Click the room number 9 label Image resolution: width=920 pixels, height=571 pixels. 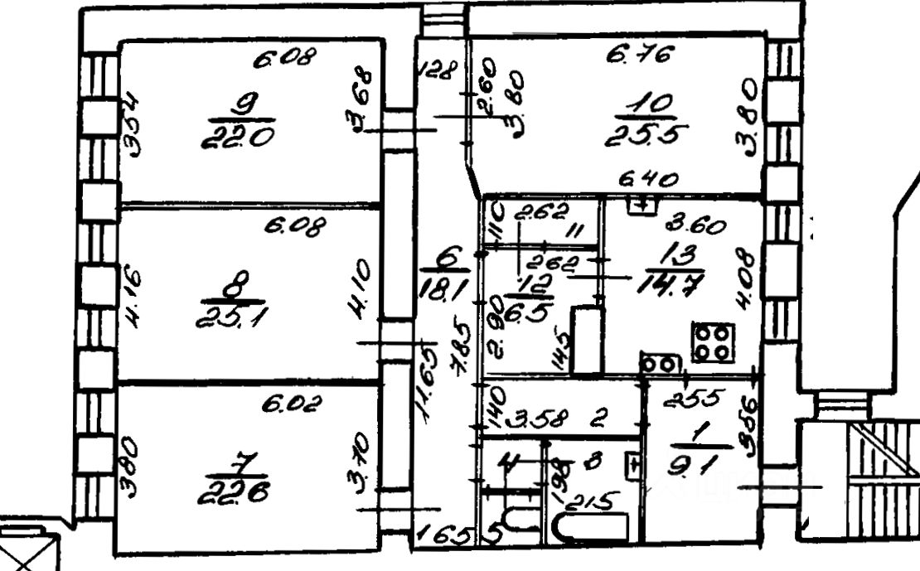[245, 104]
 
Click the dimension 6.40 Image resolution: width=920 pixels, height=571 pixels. [651, 179]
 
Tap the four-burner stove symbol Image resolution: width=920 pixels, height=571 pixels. [714, 342]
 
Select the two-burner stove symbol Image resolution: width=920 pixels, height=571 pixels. [660, 364]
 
